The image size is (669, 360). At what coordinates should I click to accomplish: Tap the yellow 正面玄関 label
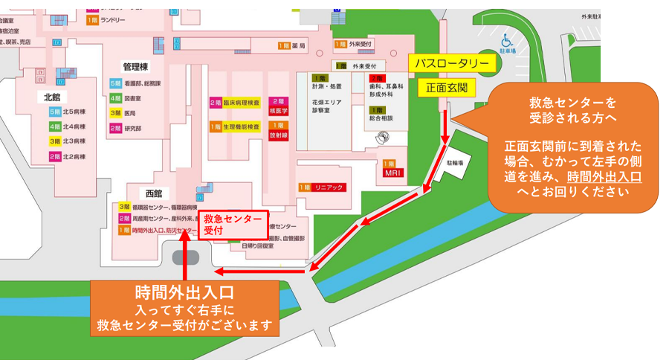[x=446, y=88]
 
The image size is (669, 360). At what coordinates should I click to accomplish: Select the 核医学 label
[x=279, y=106]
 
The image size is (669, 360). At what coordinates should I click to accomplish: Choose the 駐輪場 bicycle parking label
[x=454, y=161]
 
